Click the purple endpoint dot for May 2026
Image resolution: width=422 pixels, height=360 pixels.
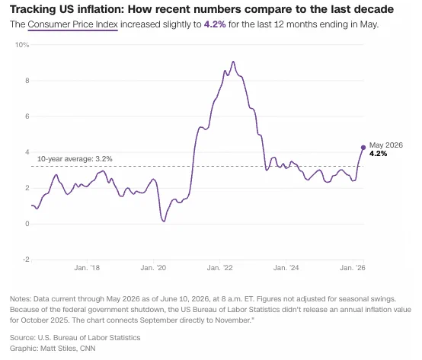tap(363, 148)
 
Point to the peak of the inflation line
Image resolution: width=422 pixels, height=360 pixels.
tap(233, 62)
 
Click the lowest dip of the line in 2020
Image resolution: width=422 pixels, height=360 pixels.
tap(164, 221)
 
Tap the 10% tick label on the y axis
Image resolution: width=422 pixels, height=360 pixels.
tap(22, 45)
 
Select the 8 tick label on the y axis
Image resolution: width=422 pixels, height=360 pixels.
tap(27, 81)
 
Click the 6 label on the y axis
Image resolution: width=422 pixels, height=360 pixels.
tap(27, 116)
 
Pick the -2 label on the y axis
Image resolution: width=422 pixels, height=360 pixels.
tap(26, 260)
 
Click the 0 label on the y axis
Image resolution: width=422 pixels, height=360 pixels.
tap(27, 224)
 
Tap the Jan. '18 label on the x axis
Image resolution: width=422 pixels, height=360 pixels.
tap(87, 268)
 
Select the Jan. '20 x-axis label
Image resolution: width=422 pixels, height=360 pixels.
tap(153, 268)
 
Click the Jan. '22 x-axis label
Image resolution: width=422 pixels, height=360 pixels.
tap(219, 268)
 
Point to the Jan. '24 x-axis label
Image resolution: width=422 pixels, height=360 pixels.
tap(286, 268)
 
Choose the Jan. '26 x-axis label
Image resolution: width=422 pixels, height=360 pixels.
tap(353, 268)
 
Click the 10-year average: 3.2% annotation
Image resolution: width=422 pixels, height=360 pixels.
tap(75, 159)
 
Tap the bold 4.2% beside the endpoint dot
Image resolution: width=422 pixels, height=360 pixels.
tap(378, 154)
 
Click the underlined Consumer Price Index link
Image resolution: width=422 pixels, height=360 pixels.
tap(72, 24)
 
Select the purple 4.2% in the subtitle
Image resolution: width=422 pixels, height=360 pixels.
tap(215, 24)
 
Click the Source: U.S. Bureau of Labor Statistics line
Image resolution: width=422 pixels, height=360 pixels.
tap(75, 338)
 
